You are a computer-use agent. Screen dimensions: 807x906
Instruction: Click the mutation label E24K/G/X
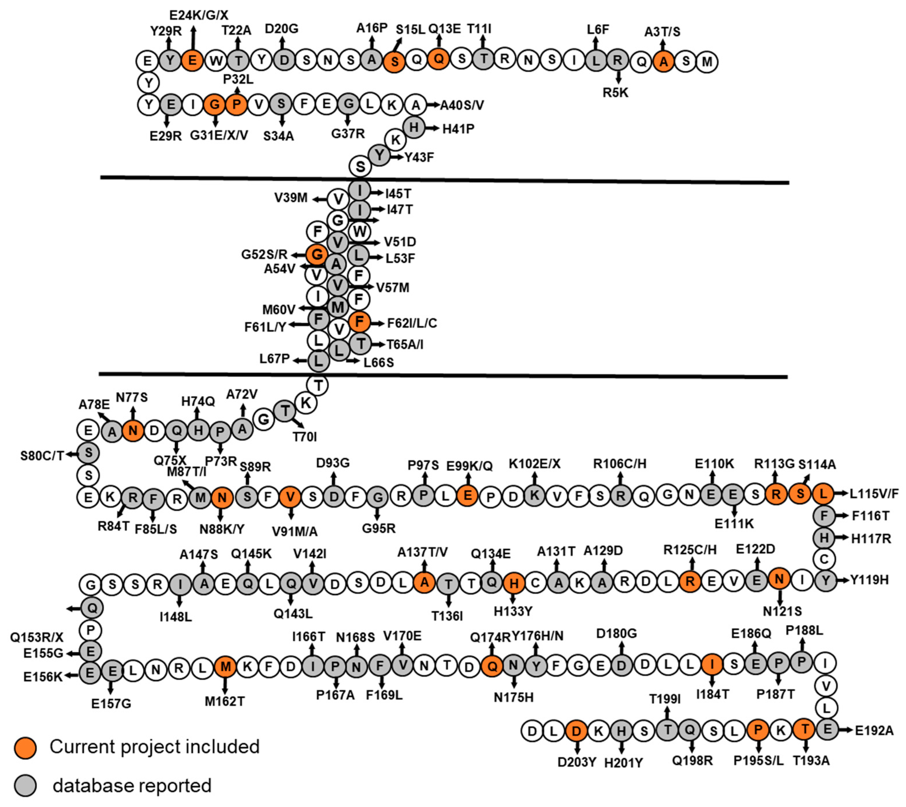tap(199, 15)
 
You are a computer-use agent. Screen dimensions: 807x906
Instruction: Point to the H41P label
tap(458, 129)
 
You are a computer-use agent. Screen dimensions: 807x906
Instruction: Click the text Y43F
tap(419, 157)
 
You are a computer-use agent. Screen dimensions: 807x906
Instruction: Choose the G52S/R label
tap(264, 254)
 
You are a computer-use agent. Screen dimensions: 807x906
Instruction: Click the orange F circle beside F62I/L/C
tap(359, 321)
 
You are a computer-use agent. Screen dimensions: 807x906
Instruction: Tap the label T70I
tap(305, 437)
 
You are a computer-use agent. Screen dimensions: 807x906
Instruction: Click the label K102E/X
tap(534, 464)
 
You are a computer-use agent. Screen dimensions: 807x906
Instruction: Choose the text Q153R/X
tap(37, 637)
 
